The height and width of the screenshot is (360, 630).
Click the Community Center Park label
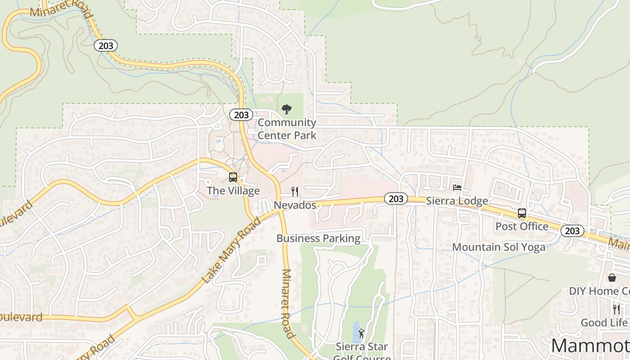[287, 128]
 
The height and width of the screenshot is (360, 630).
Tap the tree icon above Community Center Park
[286, 109]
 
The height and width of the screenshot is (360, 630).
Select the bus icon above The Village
[233, 177]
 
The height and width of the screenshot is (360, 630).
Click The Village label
[233, 190]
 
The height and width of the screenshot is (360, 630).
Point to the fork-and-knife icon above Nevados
[295, 192]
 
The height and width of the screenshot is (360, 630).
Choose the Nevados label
[295, 205]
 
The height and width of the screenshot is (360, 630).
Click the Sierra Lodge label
[457, 201]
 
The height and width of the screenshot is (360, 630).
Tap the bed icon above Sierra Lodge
[457, 188]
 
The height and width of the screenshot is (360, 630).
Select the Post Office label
[522, 226]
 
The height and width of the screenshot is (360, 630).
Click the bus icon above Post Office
[522, 213]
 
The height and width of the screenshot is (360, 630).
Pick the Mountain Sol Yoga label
[499, 247]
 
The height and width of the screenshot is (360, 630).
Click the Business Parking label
[318, 238]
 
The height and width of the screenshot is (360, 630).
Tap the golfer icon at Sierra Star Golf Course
[361, 334]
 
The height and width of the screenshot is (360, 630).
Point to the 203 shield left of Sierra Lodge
[396, 198]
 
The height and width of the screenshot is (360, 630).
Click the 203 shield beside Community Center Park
[241, 115]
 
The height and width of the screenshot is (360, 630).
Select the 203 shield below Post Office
[572, 231]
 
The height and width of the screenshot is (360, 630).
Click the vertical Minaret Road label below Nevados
[288, 303]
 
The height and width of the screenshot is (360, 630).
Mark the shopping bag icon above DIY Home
[612, 278]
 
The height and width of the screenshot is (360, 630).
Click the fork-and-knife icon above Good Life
[616, 310]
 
